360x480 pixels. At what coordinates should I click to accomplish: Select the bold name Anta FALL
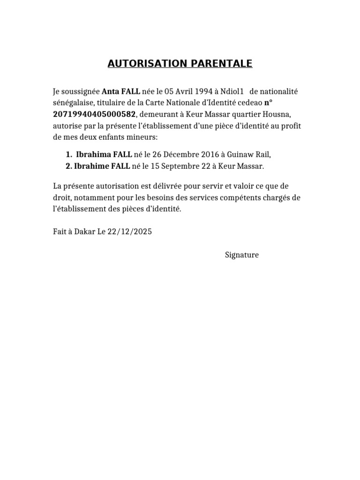tap(121, 91)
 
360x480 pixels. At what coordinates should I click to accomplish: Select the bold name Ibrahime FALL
tap(104, 166)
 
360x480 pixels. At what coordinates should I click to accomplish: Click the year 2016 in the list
tap(212, 155)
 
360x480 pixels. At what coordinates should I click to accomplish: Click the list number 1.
tap(68, 155)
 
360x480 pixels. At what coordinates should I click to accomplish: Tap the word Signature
tap(242, 255)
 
